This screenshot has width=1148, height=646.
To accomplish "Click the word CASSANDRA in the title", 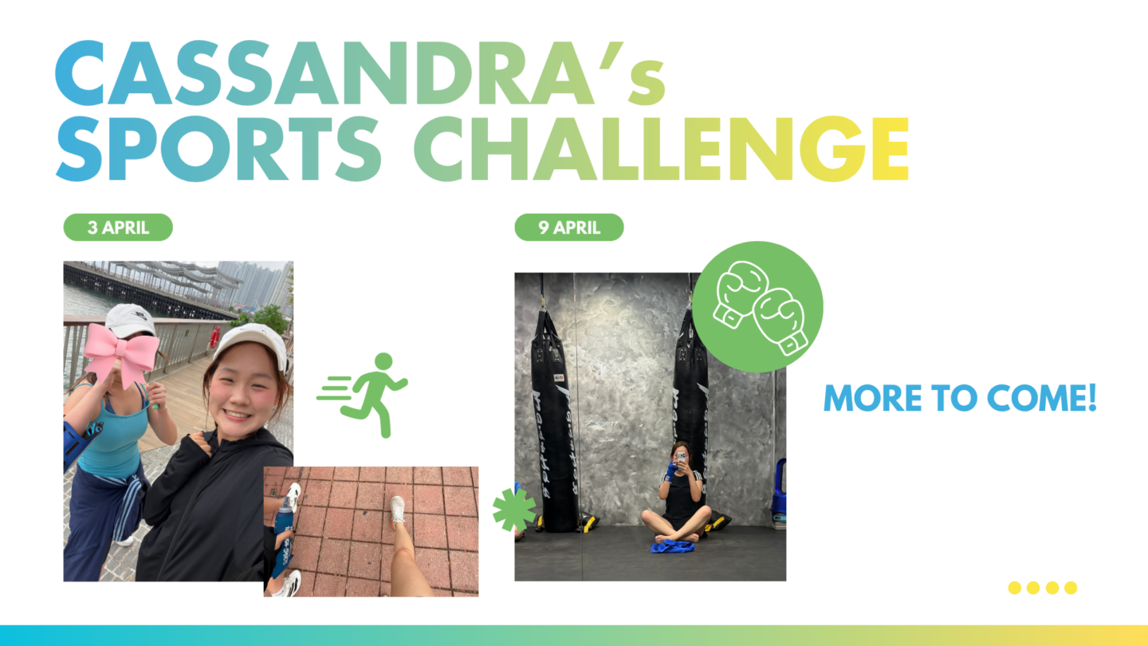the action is point(325,73).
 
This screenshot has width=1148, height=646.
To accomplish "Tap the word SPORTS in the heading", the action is point(218,148).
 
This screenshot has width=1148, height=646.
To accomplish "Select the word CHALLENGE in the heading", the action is point(661,148).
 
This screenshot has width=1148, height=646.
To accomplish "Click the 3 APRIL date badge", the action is point(118,227).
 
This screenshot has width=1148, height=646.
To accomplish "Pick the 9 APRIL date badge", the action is point(569,227).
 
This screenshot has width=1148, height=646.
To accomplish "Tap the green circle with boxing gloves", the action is point(757,306).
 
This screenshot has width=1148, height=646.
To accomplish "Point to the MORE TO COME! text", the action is point(960,398).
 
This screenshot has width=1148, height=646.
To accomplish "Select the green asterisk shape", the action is point(514,510).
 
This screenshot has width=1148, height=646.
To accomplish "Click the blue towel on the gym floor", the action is point(672,547).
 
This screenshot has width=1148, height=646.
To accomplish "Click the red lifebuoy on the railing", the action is point(214,337).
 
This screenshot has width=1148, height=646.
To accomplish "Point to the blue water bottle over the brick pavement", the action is point(284,518).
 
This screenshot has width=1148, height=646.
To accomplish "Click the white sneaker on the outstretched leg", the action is point(398,509).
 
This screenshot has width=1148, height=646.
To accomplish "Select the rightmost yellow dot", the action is point(1071,588).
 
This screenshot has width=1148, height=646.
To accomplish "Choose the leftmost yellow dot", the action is point(1014,588).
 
